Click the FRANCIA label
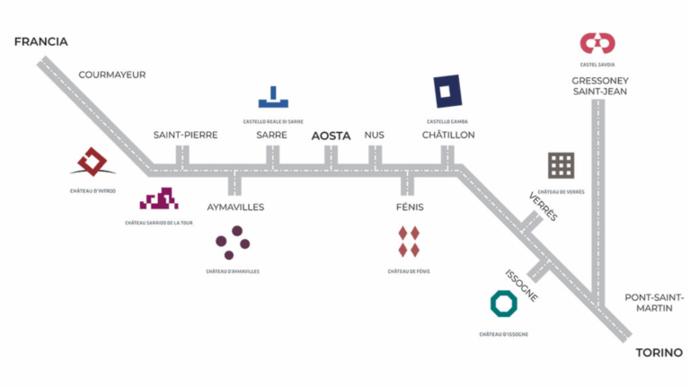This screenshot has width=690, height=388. [x=41, y=41]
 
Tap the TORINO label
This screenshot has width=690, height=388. [x=659, y=353]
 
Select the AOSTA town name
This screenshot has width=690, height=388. [x=331, y=136]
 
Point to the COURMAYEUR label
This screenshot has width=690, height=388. [x=112, y=75]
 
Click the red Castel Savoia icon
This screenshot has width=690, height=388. [x=597, y=42]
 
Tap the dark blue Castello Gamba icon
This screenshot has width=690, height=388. [x=447, y=92]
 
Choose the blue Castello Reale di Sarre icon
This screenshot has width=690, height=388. [x=272, y=97]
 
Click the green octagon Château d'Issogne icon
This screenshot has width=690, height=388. [x=503, y=304]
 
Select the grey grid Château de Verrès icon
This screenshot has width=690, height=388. [x=562, y=165]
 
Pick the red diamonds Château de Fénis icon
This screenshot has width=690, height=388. [x=409, y=242]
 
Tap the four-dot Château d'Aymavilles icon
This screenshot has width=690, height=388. [x=233, y=242]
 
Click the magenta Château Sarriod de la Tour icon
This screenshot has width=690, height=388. [x=159, y=198]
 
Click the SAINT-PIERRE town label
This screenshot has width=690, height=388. [x=185, y=136]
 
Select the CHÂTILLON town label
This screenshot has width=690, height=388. [x=448, y=136]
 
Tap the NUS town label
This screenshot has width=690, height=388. [x=374, y=136]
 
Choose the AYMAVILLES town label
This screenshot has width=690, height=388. [x=235, y=207]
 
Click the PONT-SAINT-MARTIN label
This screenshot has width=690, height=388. [x=654, y=303]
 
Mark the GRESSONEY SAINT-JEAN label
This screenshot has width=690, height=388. [x=599, y=85]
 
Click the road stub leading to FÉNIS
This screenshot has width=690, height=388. [x=407, y=185]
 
